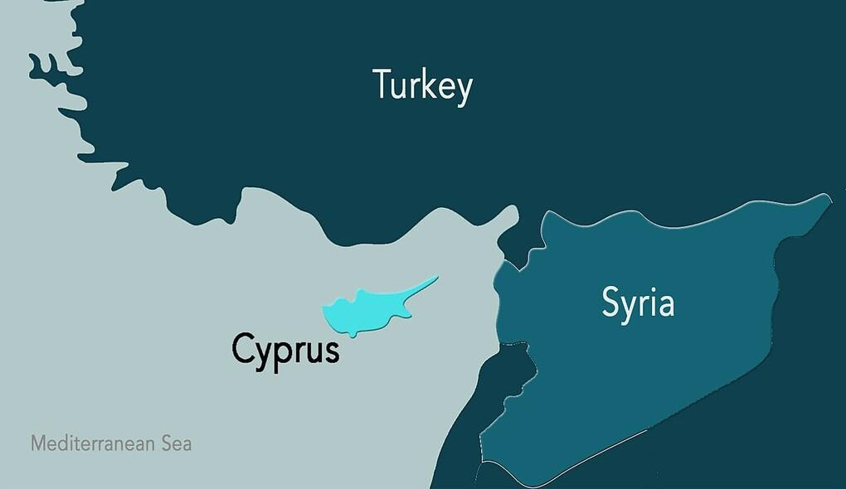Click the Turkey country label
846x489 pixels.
pos(422,85)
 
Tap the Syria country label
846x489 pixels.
pos(637,304)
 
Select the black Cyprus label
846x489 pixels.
pos(285,349)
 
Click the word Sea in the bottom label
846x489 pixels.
pos(175,443)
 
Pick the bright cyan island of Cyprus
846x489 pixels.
pos(357,311)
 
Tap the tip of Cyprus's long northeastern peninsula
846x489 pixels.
pos(436,278)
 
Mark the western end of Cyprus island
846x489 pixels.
pos(324,312)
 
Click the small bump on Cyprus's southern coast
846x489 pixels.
pos(354,333)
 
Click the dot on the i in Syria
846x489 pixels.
pos(650,289)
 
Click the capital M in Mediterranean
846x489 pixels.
pos(37,443)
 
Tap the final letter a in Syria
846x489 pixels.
pos(664,306)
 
